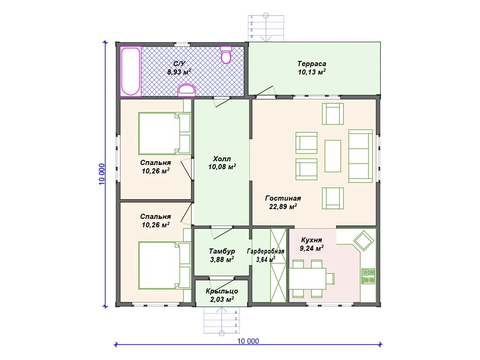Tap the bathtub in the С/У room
(x=130, y=71)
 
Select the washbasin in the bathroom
(x=187, y=90)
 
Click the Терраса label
(x=312, y=64)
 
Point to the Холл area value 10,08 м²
(x=222, y=167)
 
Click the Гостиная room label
(x=283, y=198)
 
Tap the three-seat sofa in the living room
(x=360, y=156)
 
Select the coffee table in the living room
(x=333, y=156)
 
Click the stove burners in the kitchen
(x=368, y=276)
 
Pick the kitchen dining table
(x=307, y=278)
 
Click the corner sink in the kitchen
(x=364, y=241)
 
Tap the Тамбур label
(x=222, y=251)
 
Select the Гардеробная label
(x=266, y=252)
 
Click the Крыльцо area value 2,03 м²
(x=222, y=300)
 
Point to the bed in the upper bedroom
(x=165, y=134)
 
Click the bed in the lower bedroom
(x=165, y=265)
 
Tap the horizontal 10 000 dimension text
(x=248, y=341)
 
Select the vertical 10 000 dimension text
(x=102, y=174)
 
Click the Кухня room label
(x=311, y=240)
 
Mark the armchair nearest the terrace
(x=333, y=114)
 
